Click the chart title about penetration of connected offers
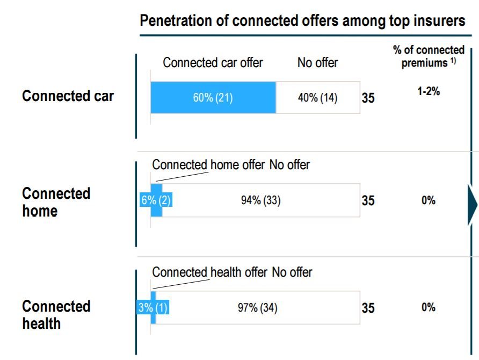(x=302, y=21)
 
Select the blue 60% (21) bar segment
(x=213, y=98)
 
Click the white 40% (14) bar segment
(x=317, y=98)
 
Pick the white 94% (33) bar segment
(x=260, y=200)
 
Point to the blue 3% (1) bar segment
(x=153, y=308)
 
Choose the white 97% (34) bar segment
(x=258, y=308)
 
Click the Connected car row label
(x=68, y=96)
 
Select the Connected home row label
(x=56, y=202)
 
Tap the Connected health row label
(x=56, y=315)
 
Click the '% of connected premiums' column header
(x=428, y=56)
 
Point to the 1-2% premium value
(x=429, y=91)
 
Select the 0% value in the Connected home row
(x=428, y=200)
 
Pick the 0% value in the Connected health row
(x=428, y=307)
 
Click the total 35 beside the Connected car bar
(x=368, y=99)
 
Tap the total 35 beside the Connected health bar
(x=368, y=308)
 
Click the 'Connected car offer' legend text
(x=213, y=63)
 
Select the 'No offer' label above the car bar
(x=317, y=63)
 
